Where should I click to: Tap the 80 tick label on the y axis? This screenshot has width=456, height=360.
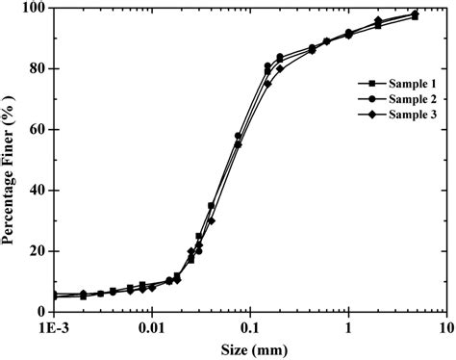click(38, 68)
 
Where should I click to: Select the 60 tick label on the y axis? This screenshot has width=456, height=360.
click(38, 129)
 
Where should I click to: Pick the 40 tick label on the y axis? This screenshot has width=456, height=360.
click(38, 190)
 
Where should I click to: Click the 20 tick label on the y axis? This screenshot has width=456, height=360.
click(38, 250)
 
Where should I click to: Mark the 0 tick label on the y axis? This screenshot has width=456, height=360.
click(41, 311)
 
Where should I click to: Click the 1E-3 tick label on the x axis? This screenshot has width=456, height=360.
click(54, 327)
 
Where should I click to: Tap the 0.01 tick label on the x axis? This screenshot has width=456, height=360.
click(151, 327)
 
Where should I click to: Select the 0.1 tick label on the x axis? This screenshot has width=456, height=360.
click(250, 327)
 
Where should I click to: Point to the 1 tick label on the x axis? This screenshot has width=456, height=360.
click(348, 327)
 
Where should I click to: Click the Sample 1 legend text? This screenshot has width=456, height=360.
click(396, 84)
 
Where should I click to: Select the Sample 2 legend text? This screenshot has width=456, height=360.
click(396, 99)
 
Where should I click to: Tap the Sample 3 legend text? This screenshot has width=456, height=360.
click(396, 115)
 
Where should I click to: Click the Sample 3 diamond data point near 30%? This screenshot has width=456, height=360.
click(211, 220)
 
